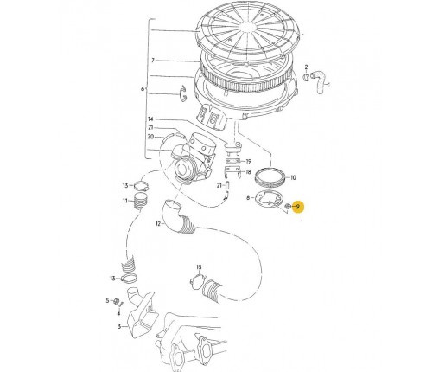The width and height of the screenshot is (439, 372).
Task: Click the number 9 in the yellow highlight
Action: click(x=298, y=207)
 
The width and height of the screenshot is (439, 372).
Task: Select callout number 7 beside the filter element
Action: click(x=153, y=61)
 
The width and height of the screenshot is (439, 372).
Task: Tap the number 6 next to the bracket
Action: click(x=143, y=89)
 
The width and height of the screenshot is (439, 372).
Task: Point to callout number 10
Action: click(x=293, y=177)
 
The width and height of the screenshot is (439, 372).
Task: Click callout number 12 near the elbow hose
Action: click(x=158, y=223)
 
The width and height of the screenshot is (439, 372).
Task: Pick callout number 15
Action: click(x=199, y=267)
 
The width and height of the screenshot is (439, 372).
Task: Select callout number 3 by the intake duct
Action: click(x=119, y=326)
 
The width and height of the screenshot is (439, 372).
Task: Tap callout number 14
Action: click(x=150, y=119)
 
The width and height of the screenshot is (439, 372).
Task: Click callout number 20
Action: click(x=150, y=137)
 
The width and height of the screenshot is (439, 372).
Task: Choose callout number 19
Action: click(x=249, y=162)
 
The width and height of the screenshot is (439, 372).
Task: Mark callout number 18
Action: click(x=248, y=172)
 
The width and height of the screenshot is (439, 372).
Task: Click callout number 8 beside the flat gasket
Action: click(x=248, y=197)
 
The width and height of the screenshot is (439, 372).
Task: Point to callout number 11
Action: click(x=124, y=201)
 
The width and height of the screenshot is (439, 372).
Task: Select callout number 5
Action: click(x=107, y=301)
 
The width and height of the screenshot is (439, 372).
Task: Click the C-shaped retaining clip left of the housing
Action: click(x=182, y=93)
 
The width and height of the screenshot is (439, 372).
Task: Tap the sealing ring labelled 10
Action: click(x=270, y=177)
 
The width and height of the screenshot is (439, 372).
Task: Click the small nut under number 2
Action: click(x=307, y=77)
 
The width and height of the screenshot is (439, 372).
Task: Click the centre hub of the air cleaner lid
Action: click(x=248, y=28)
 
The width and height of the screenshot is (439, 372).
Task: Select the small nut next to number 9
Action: click(x=288, y=206)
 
